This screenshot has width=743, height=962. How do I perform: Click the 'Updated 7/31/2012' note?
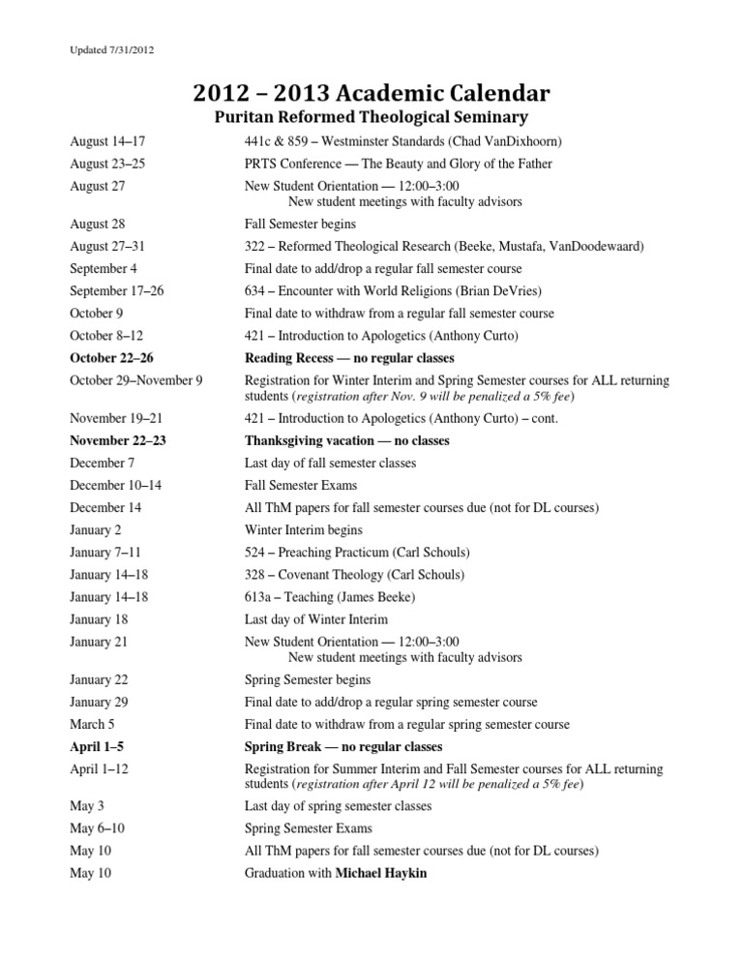(113, 48)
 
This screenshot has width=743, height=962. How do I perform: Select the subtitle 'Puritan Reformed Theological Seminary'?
(371, 118)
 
